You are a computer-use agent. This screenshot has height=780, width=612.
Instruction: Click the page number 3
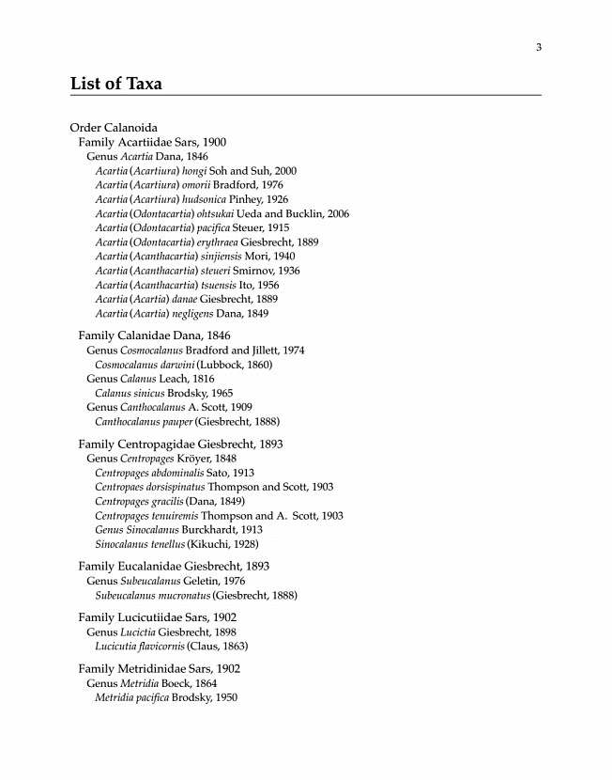[539, 48]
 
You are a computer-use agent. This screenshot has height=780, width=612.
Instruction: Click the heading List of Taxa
[116, 84]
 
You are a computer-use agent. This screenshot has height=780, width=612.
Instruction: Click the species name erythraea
[216, 242]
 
